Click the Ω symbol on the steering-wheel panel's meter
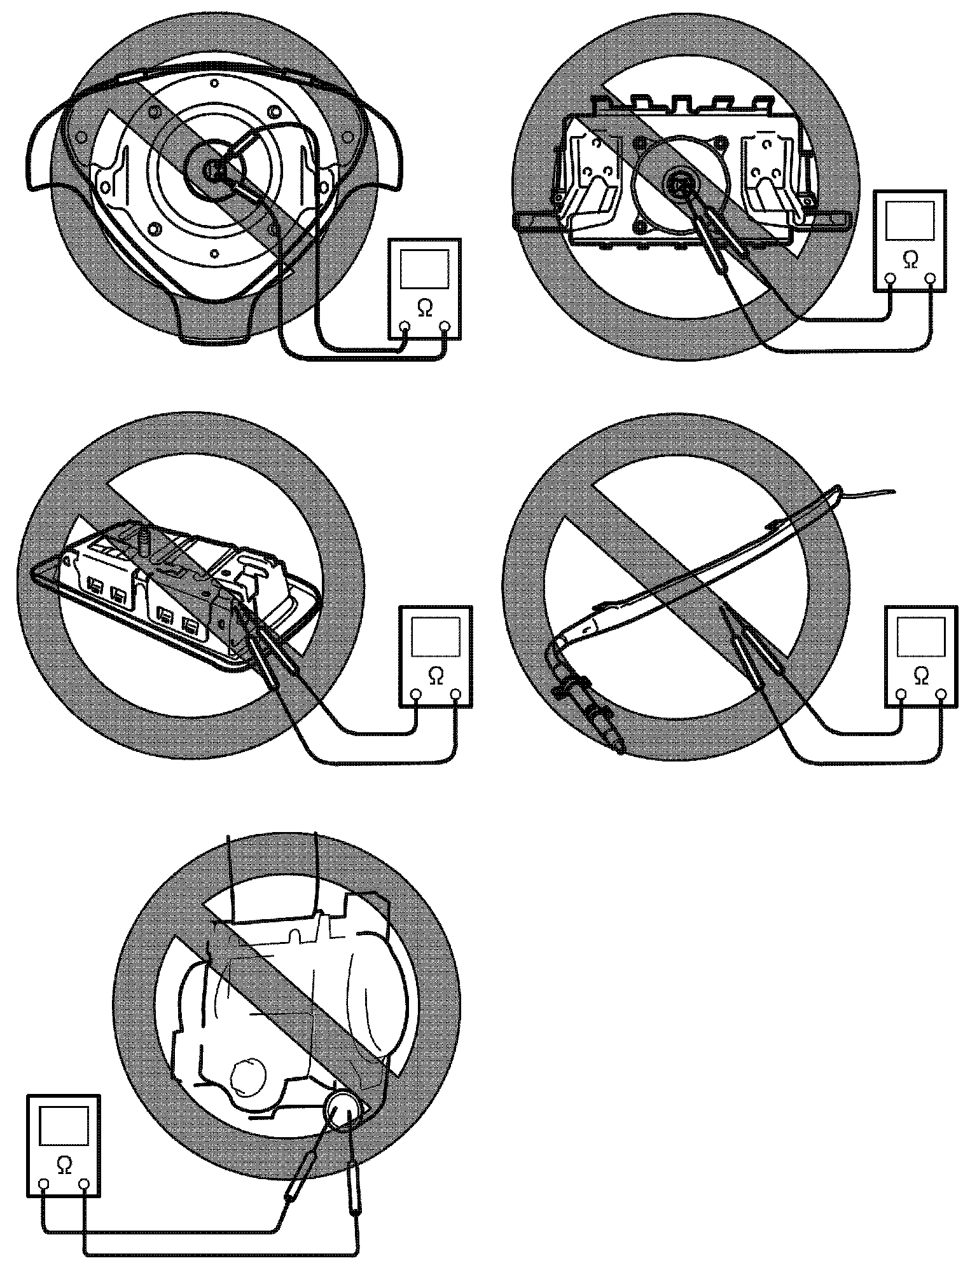424,308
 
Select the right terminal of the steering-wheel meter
445,327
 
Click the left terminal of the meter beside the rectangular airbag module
890,277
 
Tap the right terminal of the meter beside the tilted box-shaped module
455,694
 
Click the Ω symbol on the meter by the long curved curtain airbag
920,675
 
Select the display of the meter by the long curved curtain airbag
920,638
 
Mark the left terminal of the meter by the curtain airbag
901,694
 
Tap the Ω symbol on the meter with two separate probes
64,1163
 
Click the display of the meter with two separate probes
64,1126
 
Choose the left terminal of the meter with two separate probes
44,1183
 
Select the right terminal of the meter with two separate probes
84,1183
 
